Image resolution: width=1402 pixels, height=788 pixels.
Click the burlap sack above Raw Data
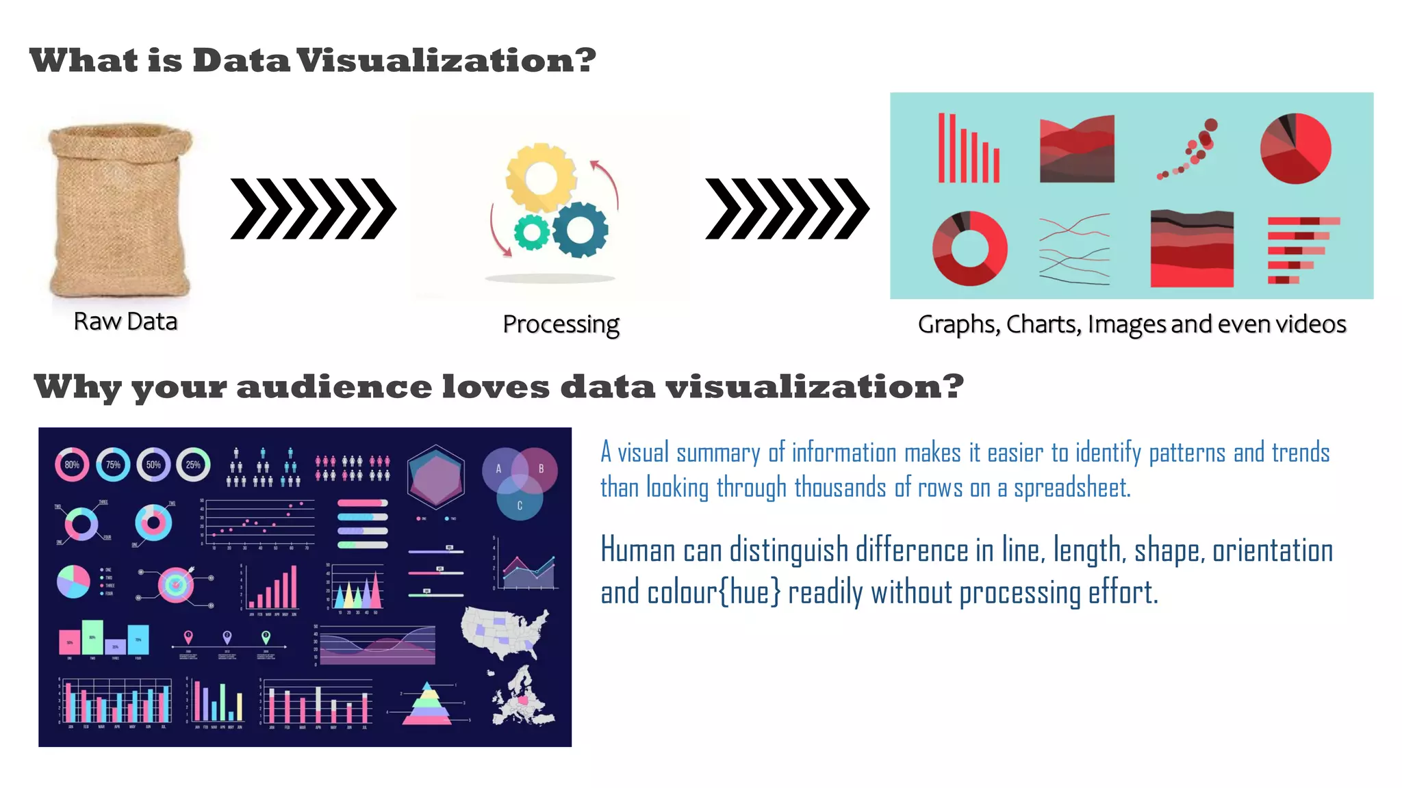pos(120,209)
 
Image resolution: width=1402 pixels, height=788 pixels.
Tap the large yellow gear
pos(541,178)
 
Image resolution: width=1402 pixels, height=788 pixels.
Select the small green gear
pos(531,233)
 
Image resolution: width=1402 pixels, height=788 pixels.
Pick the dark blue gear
pos(580,229)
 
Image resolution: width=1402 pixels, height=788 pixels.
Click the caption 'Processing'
pos(561,324)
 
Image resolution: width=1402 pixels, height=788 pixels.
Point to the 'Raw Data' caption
pos(125,321)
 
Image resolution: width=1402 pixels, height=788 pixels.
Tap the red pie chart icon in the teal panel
pos(1295,148)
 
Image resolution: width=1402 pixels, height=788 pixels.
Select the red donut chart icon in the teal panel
pos(969,248)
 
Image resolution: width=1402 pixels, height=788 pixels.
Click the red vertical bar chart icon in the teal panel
pos(968,149)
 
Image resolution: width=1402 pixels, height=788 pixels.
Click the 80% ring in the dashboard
pos(72,465)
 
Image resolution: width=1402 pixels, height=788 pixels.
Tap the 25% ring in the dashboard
pos(193,465)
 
